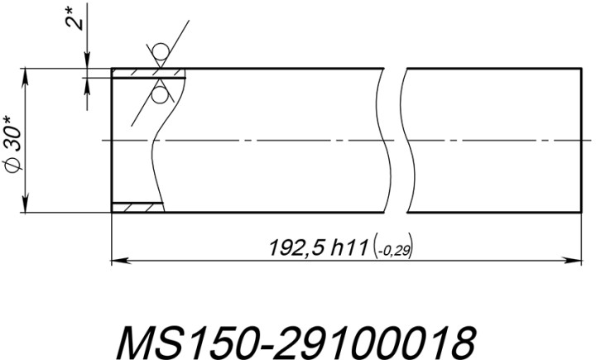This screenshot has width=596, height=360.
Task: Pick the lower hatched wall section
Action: [138, 207]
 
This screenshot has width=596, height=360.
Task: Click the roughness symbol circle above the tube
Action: [160, 52]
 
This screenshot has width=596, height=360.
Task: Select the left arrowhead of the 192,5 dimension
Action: [118, 261]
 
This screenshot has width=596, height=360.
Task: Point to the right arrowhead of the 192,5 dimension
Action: [573, 261]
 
